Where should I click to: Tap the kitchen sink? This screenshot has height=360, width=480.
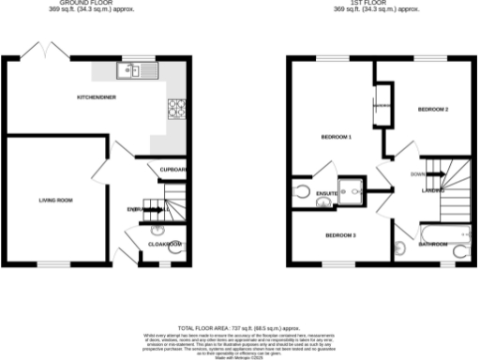[127, 69]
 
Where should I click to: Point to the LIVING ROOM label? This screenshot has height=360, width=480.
[55, 200]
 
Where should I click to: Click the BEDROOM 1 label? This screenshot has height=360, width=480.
[336, 138]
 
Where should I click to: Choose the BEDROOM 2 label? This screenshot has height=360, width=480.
[432, 110]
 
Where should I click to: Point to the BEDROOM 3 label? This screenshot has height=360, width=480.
[339, 234]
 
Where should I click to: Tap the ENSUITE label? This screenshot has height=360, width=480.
[326, 194]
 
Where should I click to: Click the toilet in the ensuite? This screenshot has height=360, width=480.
[301, 192]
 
